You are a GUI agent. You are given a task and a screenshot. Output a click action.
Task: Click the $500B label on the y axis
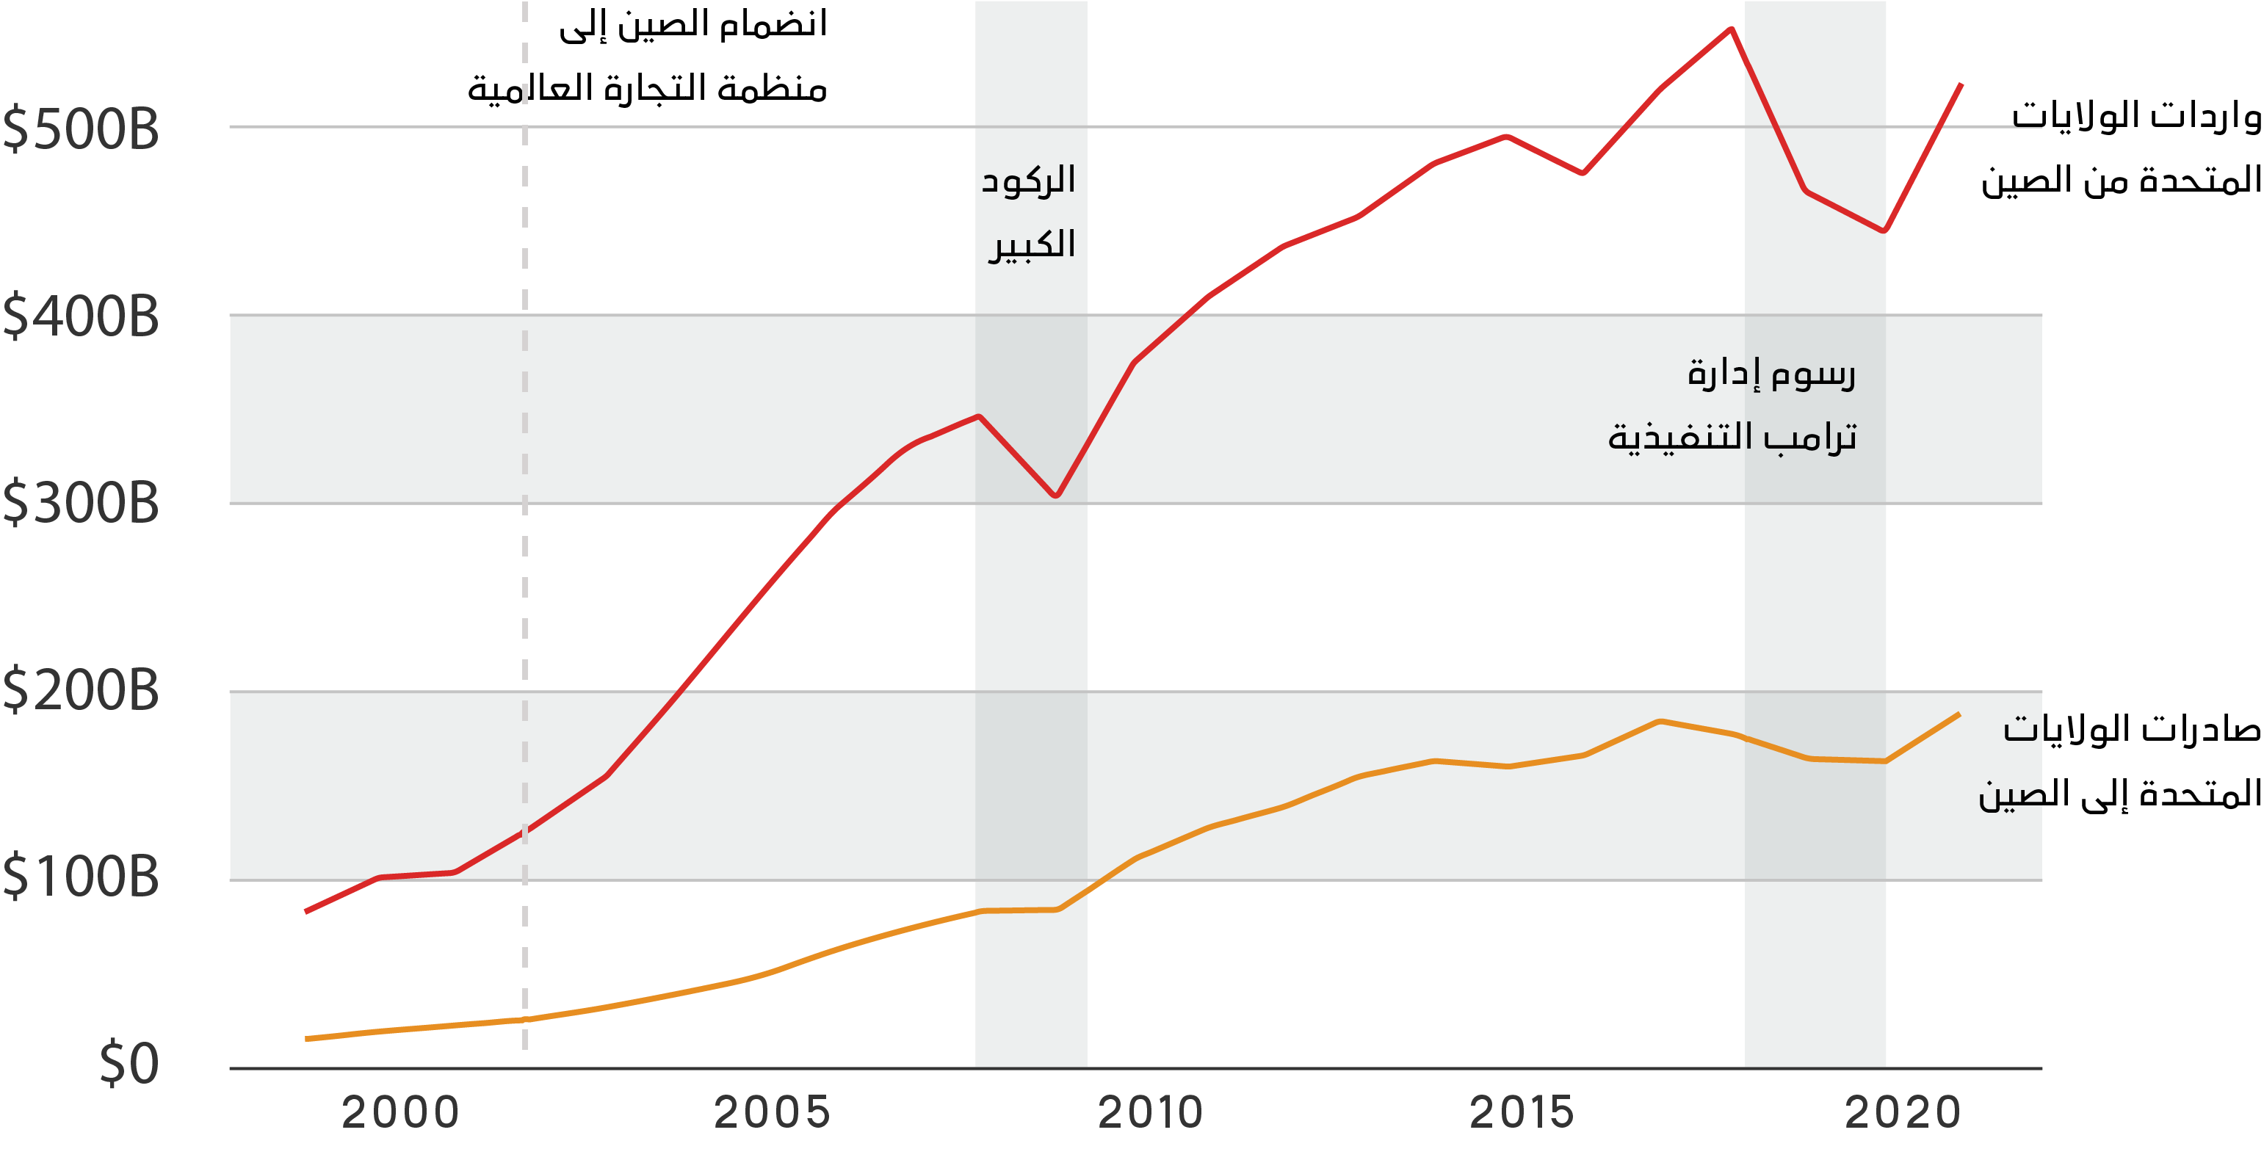pyautogui.click(x=81, y=129)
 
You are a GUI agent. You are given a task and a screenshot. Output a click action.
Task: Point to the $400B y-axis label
pyautogui.click(x=81, y=316)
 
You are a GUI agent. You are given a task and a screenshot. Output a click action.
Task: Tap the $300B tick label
pyautogui.click(x=81, y=504)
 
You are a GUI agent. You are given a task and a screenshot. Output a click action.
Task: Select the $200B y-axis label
pyautogui.click(x=81, y=691)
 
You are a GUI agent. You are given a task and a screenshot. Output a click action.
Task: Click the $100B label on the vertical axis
pyautogui.click(x=81, y=877)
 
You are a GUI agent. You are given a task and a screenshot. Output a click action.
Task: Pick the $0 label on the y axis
pyautogui.click(x=129, y=1065)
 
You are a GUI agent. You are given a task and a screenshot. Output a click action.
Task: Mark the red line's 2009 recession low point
pyautogui.click(x=1057, y=496)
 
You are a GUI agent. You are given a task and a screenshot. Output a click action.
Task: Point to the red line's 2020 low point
pyautogui.click(x=1884, y=231)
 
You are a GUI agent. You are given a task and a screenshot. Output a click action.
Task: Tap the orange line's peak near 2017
pyautogui.click(x=1658, y=722)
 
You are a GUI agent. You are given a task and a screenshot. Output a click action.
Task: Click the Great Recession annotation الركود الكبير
pyautogui.click(x=1029, y=213)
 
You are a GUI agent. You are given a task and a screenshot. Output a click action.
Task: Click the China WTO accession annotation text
pyautogui.click(x=648, y=57)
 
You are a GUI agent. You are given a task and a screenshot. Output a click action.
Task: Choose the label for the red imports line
pyautogui.click(x=2121, y=148)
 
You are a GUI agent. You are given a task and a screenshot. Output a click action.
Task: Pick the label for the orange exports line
pyautogui.click(x=2119, y=761)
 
